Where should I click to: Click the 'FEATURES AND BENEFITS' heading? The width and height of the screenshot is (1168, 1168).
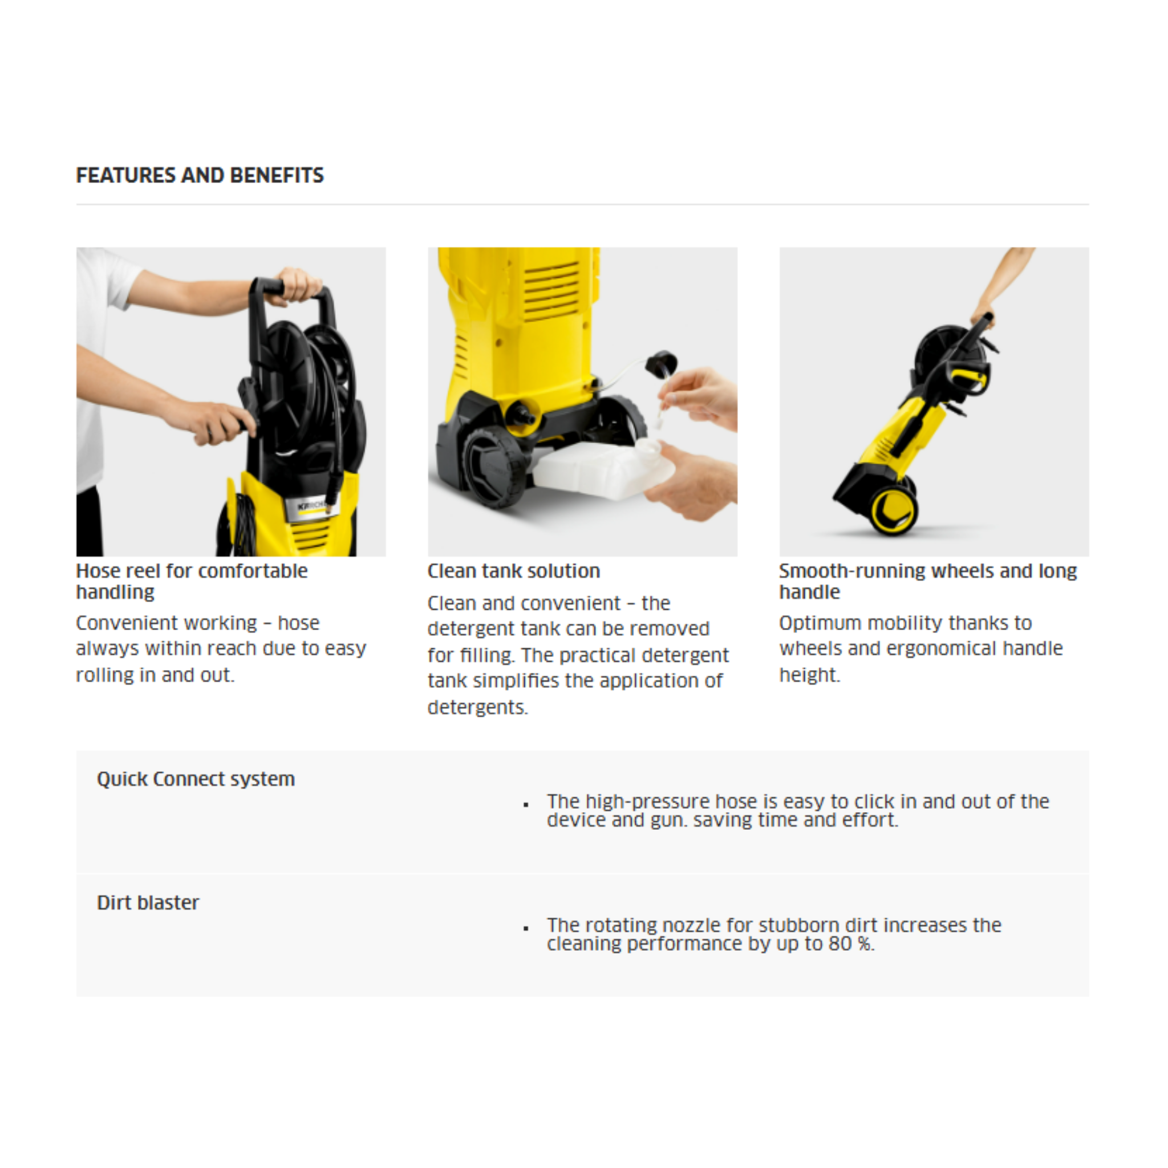point(200,175)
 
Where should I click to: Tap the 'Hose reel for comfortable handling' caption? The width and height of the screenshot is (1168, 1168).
point(192,581)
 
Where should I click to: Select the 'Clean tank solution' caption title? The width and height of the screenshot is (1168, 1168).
point(513,571)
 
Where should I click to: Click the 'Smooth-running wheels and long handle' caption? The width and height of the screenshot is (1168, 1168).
point(927,581)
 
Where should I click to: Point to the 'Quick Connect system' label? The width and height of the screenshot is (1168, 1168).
point(196,778)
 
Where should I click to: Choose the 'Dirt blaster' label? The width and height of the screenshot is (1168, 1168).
point(148,903)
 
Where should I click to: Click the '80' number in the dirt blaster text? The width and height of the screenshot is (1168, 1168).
point(839,944)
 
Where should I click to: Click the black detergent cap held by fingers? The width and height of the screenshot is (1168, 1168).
point(661,363)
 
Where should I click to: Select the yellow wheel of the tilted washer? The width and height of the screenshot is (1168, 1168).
point(894,510)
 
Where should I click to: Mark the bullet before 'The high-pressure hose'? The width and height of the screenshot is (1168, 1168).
point(526,805)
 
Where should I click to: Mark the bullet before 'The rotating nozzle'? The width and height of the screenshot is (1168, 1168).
point(526,928)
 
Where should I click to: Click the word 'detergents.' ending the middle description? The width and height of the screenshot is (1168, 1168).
point(477,707)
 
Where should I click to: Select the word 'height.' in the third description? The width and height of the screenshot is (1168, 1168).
point(809,675)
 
